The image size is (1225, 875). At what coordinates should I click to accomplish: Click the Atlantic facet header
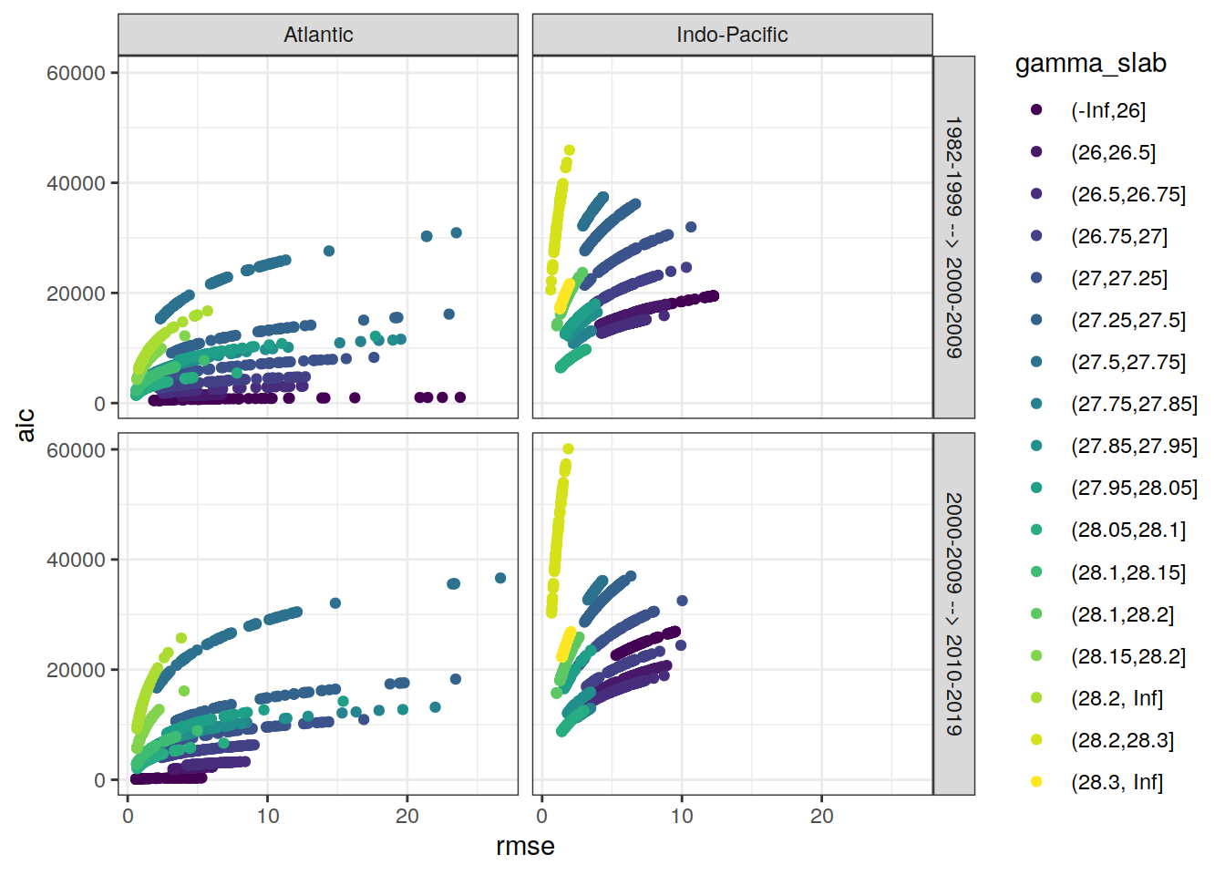pyautogui.click(x=318, y=35)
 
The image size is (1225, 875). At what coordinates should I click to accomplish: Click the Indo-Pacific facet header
pyautogui.click(x=732, y=35)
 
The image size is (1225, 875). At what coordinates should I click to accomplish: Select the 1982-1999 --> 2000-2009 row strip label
pyautogui.click(x=953, y=237)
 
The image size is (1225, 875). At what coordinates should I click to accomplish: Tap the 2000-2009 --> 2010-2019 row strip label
pyautogui.click(x=953, y=613)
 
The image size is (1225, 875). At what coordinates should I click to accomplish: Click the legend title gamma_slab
pyautogui.click(x=1090, y=63)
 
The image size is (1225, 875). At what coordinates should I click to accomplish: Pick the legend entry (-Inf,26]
pyautogui.click(x=1107, y=110)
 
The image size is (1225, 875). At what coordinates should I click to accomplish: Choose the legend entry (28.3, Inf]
pyautogui.click(x=1117, y=782)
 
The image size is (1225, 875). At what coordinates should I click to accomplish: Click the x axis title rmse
pyautogui.click(x=525, y=846)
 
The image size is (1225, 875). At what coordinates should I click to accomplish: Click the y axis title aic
pyautogui.click(x=26, y=425)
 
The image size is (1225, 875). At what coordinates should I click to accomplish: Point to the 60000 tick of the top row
pyautogui.click(x=76, y=73)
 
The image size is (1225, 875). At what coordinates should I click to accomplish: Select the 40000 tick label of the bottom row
pyautogui.click(x=76, y=560)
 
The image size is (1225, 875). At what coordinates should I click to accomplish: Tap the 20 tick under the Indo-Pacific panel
pyautogui.click(x=821, y=816)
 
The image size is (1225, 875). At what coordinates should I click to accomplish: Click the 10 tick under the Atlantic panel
pyautogui.click(x=268, y=816)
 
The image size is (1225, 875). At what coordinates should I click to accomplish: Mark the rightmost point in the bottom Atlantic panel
pyautogui.click(x=500, y=578)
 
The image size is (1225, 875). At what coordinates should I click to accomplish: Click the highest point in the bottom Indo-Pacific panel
pyautogui.click(x=568, y=448)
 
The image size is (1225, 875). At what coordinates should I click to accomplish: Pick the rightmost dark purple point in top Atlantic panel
pyautogui.click(x=460, y=397)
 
